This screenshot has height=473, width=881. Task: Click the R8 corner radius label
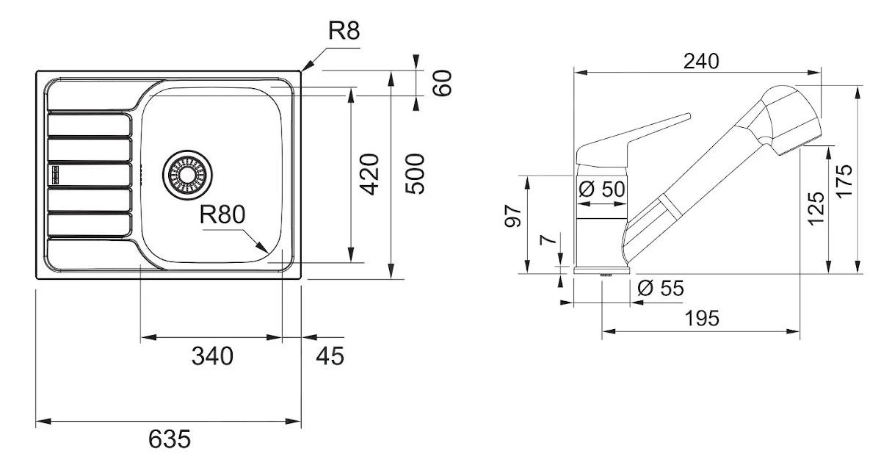[x=344, y=30]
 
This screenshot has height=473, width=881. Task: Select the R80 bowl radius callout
[x=222, y=214]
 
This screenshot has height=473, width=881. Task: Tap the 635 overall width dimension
[x=169, y=439]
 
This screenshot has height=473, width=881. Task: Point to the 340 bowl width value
[x=212, y=356]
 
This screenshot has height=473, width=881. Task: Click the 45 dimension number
[x=330, y=356]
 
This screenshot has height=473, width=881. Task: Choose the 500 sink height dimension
[x=416, y=174]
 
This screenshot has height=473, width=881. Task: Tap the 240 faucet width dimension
[x=700, y=61]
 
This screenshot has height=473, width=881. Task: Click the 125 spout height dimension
[x=816, y=209]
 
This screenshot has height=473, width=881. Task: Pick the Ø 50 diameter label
[x=602, y=189]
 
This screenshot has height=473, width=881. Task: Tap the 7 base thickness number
[x=544, y=241]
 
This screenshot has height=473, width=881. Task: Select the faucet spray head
[x=789, y=118]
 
